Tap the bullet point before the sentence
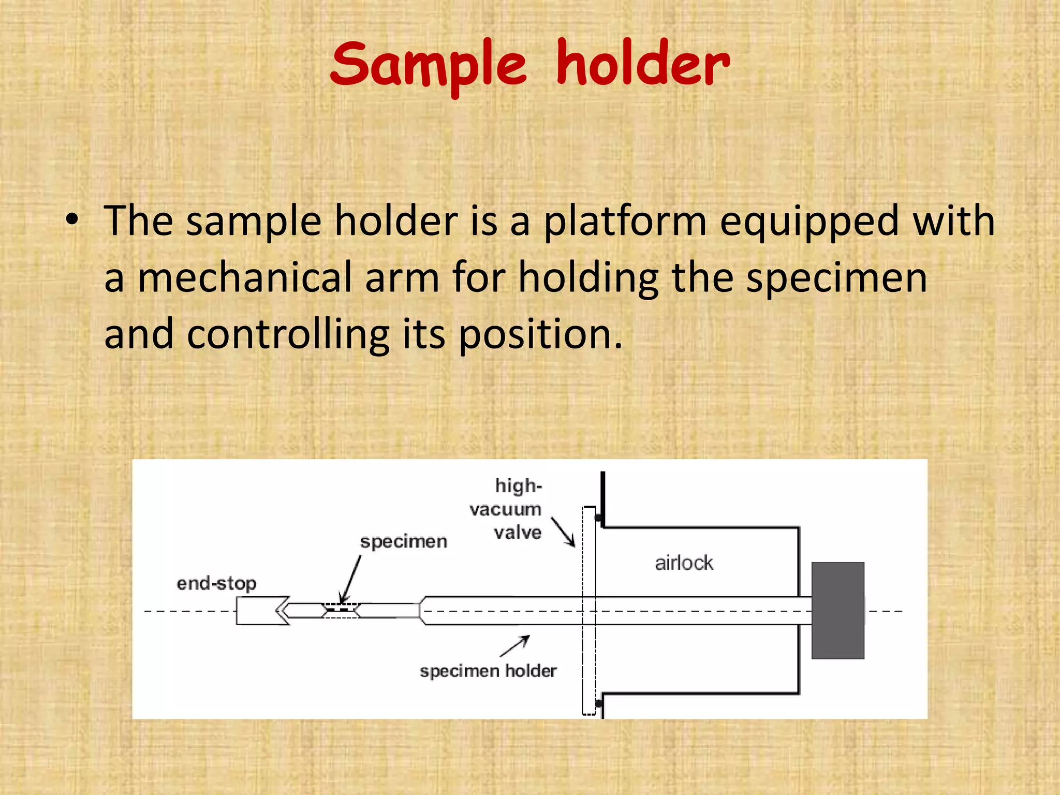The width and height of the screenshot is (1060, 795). (x=72, y=220)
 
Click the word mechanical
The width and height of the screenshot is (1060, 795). (x=244, y=278)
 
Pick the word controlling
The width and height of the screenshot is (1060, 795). (x=288, y=335)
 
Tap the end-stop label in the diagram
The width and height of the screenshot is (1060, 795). (x=216, y=583)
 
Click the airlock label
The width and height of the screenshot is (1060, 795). (x=683, y=563)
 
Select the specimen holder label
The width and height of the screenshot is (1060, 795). (x=488, y=671)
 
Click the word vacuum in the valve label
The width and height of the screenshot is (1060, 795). (x=505, y=509)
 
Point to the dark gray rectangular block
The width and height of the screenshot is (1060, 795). (x=837, y=610)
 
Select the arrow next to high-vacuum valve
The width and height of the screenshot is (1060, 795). (x=563, y=532)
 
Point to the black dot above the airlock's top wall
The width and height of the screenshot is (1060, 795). (x=598, y=518)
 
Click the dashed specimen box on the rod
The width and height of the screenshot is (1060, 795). (x=340, y=610)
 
